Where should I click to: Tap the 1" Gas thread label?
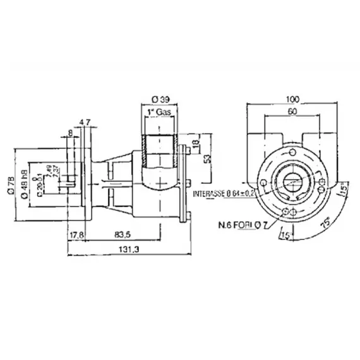coord(159,112)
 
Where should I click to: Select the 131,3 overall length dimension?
coord(128,250)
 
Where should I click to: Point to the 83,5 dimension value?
coord(124,235)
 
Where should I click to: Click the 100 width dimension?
coord(292,100)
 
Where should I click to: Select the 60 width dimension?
coord(291,112)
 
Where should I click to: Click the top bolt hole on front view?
coord(294,152)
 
